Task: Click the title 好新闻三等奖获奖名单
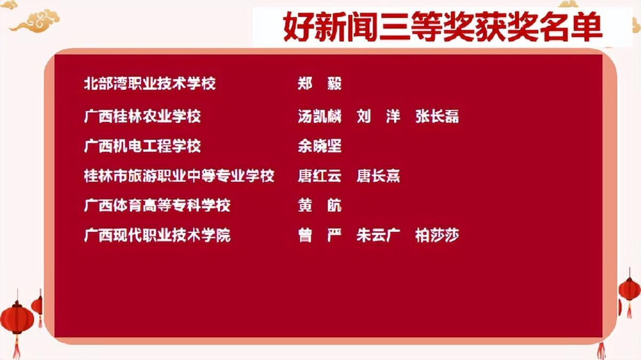(x=443, y=26)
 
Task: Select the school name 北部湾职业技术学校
(x=150, y=83)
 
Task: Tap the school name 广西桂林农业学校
(x=142, y=116)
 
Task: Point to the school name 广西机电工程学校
(x=142, y=146)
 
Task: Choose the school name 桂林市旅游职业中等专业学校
(x=179, y=176)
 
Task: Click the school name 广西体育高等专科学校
(x=157, y=206)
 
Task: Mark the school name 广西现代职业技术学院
(x=157, y=235)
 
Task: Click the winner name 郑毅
(x=319, y=83)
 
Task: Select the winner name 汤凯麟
(x=319, y=116)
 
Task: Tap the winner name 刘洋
(x=378, y=116)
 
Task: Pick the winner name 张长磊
(x=437, y=116)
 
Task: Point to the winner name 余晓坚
(x=319, y=146)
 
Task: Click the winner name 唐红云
(x=319, y=176)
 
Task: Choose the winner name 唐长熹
(x=378, y=176)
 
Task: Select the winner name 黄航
(x=319, y=206)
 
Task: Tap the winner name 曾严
(x=319, y=235)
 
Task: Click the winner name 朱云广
(x=378, y=235)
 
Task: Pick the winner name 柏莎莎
(x=437, y=235)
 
